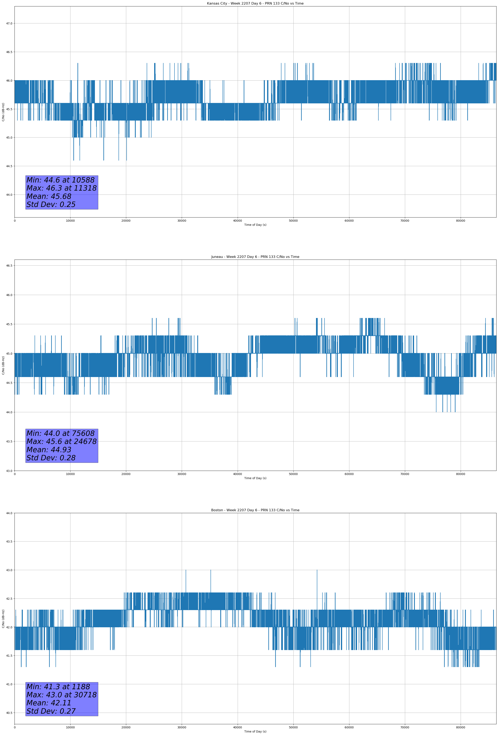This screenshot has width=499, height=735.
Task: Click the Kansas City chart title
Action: (x=255, y=4)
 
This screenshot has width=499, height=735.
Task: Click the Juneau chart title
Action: (x=255, y=257)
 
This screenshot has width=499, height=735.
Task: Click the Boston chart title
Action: (x=255, y=510)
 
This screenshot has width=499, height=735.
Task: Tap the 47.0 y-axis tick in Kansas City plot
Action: (x=9, y=23)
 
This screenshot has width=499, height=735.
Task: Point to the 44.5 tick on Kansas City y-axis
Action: (x=9, y=166)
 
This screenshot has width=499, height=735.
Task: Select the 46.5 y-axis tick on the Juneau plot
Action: (x=9, y=266)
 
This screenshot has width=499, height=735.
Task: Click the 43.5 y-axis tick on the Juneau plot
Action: (x=9, y=441)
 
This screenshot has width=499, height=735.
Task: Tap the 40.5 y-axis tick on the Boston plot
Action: (x=9, y=713)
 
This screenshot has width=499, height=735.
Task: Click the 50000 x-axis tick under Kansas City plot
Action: (x=293, y=221)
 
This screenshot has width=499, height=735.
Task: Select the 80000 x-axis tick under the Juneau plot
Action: (x=460, y=474)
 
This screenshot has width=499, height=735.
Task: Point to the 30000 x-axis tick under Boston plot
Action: (x=182, y=727)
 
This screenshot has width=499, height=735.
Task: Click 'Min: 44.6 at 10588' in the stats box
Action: (x=61, y=180)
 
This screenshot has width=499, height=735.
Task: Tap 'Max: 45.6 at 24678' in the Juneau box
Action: (x=61, y=441)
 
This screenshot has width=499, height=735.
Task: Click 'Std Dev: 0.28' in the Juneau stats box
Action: (x=51, y=458)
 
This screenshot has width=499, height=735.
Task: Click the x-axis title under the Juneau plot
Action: (x=255, y=478)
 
